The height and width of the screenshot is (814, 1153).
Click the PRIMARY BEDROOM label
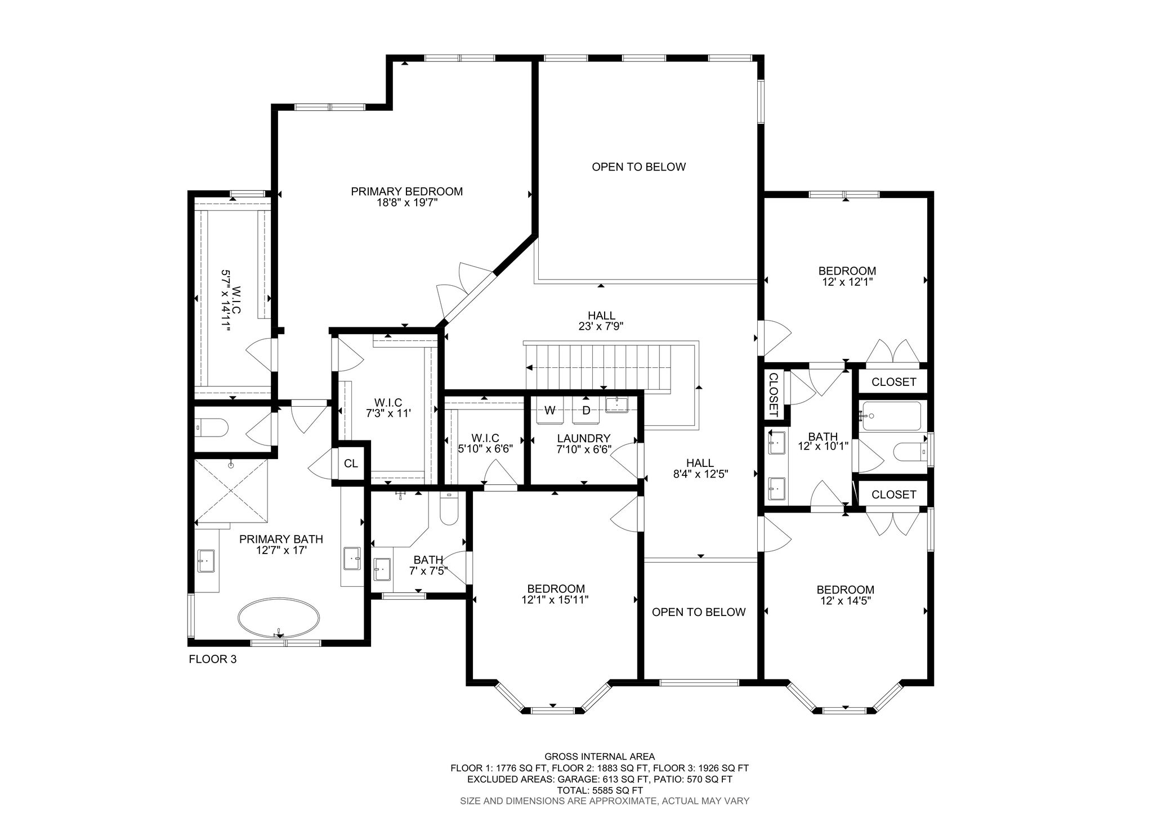pos(406,191)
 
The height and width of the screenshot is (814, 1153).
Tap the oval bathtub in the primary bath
pos(279,617)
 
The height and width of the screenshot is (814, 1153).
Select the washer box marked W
pos(550,411)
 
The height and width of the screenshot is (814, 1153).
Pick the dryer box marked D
pos(586,411)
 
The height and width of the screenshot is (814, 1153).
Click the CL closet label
pos(351,464)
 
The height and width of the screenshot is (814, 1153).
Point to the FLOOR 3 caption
pos(212,659)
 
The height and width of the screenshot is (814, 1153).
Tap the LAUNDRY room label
pos(583,438)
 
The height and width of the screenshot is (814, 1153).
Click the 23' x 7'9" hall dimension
pos(601,326)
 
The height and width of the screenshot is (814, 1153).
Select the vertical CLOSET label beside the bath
pos(773,394)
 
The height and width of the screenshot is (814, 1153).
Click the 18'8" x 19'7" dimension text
pos(406,203)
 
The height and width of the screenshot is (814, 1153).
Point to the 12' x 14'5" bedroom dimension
pos(845,600)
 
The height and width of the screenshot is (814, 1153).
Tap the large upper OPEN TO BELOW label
pos(639,167)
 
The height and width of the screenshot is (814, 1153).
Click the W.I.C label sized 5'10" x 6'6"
pos(485,438)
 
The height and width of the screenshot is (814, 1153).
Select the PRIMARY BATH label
pos(281,539)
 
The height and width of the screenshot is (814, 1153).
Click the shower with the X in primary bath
pos(231,491)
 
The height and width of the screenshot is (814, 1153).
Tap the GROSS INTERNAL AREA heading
pos(600,757)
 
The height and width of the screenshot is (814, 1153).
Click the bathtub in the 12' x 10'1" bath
pos(891,416)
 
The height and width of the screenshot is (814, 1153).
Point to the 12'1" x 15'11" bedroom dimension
pos(555,600)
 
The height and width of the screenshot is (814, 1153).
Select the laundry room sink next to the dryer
pos(618,404)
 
